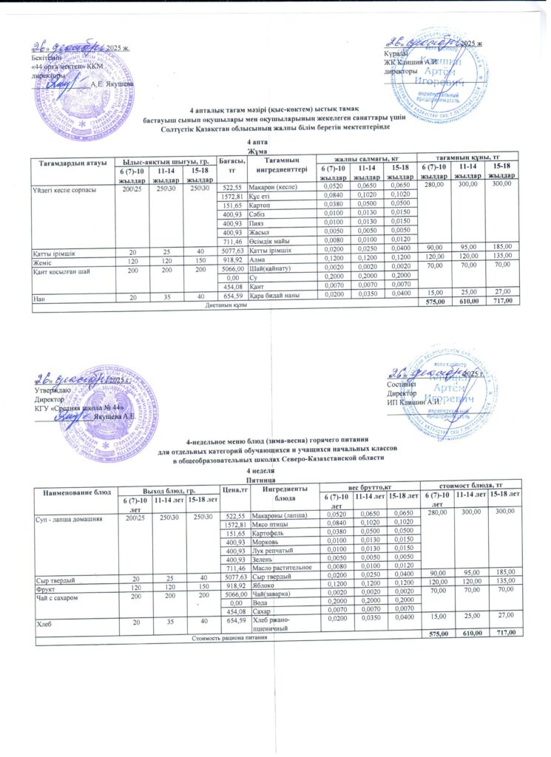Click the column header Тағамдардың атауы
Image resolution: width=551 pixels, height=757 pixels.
click(x=66, y=162)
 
